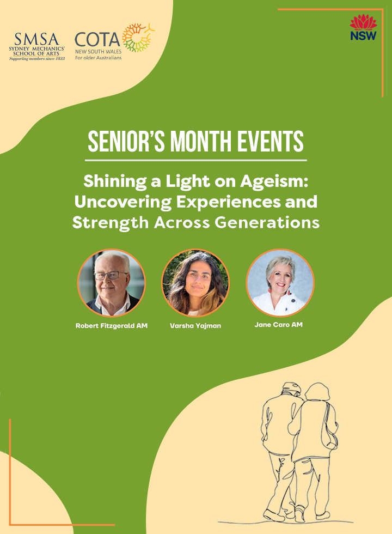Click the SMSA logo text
[x=37, y=39]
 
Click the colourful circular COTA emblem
[x=138, y=38]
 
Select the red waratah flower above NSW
[x=364, y=22]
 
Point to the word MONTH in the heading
[x=201, y=141]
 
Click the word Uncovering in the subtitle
[x=123, y=202]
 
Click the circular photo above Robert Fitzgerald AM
[x=112, y=283]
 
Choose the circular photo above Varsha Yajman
[x=195, y=283]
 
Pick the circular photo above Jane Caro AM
[x=280, y=283]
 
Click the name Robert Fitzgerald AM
[x=112, y=326]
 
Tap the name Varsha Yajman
[x=195, y=326]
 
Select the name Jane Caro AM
[x=279, y=325]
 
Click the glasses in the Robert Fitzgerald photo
[x=111, y=275]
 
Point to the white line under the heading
[x=195, y=160]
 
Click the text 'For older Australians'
[x=99, y=58]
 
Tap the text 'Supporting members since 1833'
[x=37, y=59]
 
